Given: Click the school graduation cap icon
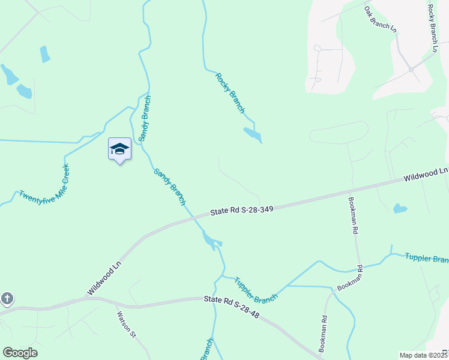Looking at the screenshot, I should (x=119, y=149).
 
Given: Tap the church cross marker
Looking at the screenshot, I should (x=7, y=299).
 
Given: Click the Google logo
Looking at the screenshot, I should (x=20, y=353).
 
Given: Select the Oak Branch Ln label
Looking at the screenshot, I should (x=381, y=19).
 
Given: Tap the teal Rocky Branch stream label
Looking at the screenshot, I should (x=230, y=92).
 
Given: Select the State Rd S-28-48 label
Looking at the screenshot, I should (x=231, y=306).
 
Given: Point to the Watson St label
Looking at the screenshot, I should (x=126, y=324).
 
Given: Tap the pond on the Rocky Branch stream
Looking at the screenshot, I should (x=253, y=135).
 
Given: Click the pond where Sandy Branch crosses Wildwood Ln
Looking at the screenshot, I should (x=211, y=240).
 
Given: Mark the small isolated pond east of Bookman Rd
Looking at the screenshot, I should (x=399, y=209).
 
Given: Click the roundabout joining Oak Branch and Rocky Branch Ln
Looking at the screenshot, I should (x=411, y=70).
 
